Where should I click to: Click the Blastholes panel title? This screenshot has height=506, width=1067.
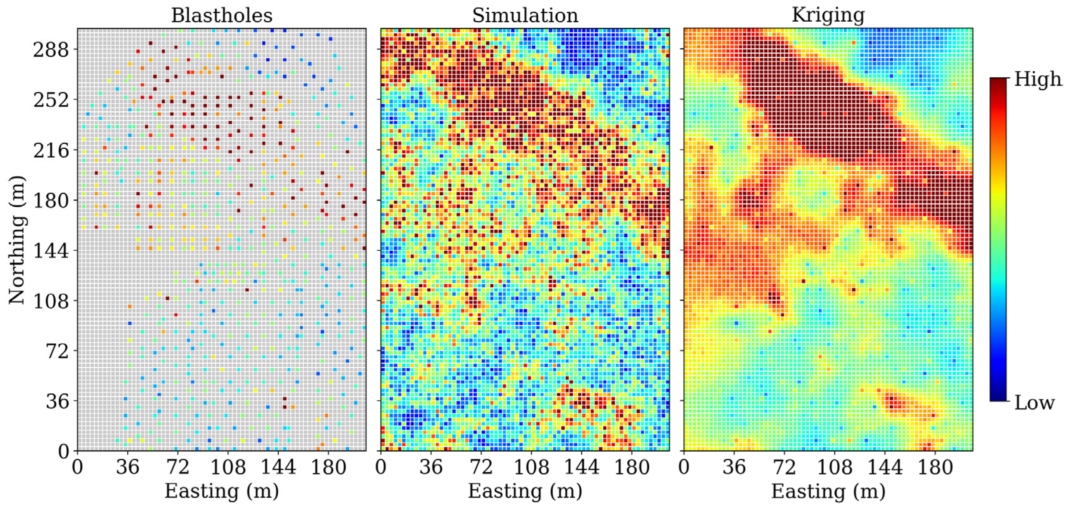tap(222, 16)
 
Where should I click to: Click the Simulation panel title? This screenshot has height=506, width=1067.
tap(525, 16)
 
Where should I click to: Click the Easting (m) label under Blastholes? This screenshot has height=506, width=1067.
tap(222, 491)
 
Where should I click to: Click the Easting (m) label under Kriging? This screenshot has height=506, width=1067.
tap(828, 491)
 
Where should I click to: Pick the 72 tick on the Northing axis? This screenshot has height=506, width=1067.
tap(57, 351)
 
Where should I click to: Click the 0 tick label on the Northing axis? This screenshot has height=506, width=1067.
tap(63, 451)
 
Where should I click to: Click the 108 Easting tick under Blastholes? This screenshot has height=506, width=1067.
tap(228, 467)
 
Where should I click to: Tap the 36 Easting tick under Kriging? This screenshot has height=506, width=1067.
tap(734, 467)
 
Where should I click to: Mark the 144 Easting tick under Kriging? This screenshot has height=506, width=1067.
tap(885, 467)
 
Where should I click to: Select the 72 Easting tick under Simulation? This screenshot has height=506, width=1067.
tap(481, 467)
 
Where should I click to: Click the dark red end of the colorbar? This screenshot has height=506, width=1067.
tap(998, 83)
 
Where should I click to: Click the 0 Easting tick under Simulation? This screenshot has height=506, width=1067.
tap(381, 467)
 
